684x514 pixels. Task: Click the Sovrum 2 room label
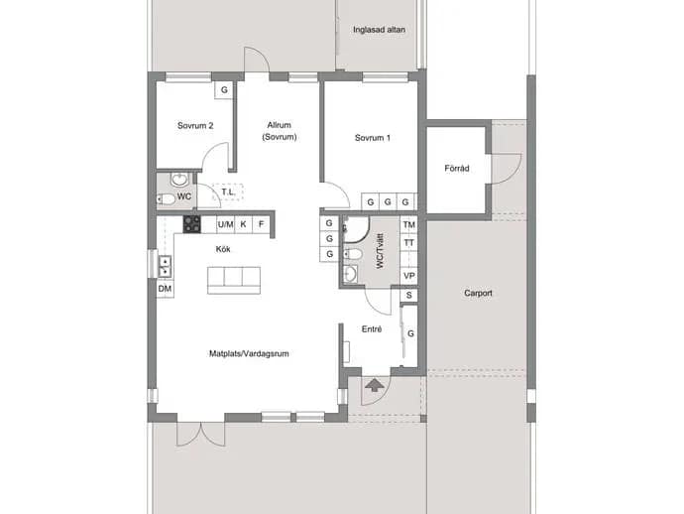coord(195,126)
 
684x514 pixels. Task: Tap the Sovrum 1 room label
coord(373,138)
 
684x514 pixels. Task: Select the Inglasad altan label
coord(379,30)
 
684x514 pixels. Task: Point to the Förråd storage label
coord(457,168)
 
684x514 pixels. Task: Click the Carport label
coord(478,293)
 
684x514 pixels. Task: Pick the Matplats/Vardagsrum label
coord(249,353)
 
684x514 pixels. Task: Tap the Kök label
coord(223,249)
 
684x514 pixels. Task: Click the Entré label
coord(372,329)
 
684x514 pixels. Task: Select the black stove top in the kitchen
coord(191,224)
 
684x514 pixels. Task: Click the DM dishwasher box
coord(165,289)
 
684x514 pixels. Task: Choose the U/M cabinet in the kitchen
coord(226,224)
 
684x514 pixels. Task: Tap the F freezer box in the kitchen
coord(262,224)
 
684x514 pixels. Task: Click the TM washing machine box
coord(408,225)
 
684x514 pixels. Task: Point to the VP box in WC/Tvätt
coord(408,276)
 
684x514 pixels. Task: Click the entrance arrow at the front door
coord(375,385)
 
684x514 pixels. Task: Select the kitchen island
coord(234,281)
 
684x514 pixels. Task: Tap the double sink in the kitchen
coord(165,266)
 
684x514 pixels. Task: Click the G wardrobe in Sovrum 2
coord(224,90)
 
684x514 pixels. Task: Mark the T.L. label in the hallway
coord(228,193)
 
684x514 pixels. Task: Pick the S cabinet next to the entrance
coord(408,296)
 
